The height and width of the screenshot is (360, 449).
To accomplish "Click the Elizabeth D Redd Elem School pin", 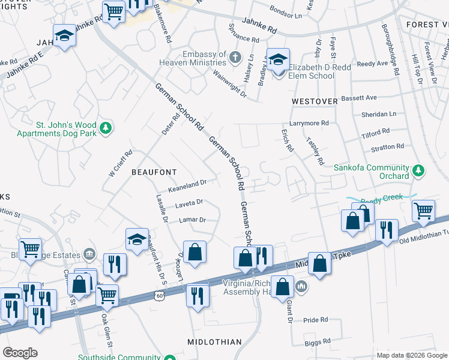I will (x=278, y=61).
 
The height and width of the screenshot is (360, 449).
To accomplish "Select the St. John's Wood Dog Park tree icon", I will (x=106, y=127).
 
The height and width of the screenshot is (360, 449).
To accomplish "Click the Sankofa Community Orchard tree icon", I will (x=418, y=172).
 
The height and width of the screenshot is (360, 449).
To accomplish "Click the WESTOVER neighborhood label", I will (x=315, y=101).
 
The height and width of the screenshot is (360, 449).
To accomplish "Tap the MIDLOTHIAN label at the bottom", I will (x=214, y=342).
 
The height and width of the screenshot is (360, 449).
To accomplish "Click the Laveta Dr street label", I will (x=189, y=203).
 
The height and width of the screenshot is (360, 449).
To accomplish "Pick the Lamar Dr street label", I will (x=192, y=220).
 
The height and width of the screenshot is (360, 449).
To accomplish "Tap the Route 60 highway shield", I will (x=158, y=295).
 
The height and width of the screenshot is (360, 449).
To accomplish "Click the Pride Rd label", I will (x=315, y=320).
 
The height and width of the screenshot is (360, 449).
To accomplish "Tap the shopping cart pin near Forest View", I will (x=424, y=211).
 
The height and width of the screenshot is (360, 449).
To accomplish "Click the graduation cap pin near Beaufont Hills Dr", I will (x=137, y=239).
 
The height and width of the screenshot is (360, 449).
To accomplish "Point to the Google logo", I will (x=20, y=353).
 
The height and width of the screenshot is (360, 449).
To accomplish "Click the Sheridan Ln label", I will (x=379, y=114).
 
